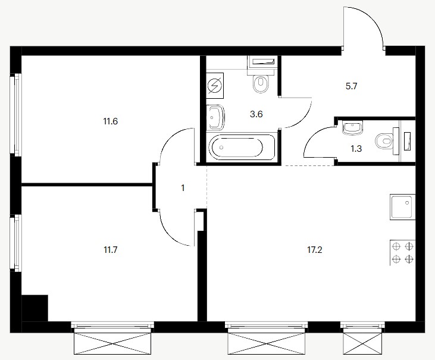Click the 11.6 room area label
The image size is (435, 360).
point(111,121)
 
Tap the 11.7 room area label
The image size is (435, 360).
point(111,250)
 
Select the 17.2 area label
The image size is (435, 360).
point(315,250)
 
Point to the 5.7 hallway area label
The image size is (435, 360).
point(351,86)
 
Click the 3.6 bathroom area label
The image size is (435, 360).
point(256,114)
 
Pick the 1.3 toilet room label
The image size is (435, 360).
point(356,149)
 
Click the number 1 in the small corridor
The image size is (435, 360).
point(183,188)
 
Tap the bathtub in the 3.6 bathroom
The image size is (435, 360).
point(242,148)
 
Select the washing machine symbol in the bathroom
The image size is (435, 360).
point(215,86)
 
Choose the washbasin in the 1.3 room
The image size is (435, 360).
point(352,128)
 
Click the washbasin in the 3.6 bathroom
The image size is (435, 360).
point(215,117)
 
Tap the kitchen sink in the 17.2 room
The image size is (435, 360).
point(402,207)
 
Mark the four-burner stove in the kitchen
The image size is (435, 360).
point(402,252)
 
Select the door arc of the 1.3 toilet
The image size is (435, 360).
point(314,136)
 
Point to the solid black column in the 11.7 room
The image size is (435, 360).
point(35,308)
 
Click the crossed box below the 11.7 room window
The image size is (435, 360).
point(112,343)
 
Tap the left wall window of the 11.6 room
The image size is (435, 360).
point(16,114)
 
